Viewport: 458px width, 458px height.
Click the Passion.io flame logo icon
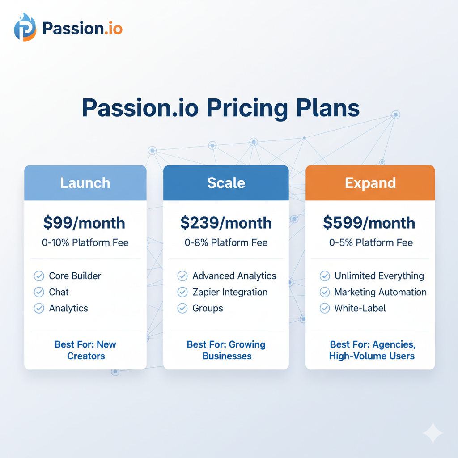[25, 27]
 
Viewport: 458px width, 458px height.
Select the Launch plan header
[85, 183]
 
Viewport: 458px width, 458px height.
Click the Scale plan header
[226, 183]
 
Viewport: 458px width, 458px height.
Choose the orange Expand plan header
[370, 183]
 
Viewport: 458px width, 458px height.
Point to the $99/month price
[84, 223]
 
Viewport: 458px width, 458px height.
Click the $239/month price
[226, 223]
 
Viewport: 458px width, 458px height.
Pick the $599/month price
[369, 223]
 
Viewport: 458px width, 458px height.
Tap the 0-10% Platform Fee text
[85, 243]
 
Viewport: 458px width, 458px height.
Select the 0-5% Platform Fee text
[371, 243]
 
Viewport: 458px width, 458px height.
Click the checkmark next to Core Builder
[39, 276]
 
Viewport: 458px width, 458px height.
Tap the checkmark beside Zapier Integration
[182, 292]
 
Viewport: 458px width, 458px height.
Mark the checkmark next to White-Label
[325, 308]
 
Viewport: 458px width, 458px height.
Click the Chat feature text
[59, 292]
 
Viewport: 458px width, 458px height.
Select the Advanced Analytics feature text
[234, 276]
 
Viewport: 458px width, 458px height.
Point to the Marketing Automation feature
[380, 292]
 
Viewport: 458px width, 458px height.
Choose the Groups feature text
[208, 309]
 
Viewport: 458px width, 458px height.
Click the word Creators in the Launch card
[86, 356]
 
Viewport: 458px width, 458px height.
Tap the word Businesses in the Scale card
[227, 356]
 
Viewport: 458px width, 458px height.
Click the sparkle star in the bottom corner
[433, 433]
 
